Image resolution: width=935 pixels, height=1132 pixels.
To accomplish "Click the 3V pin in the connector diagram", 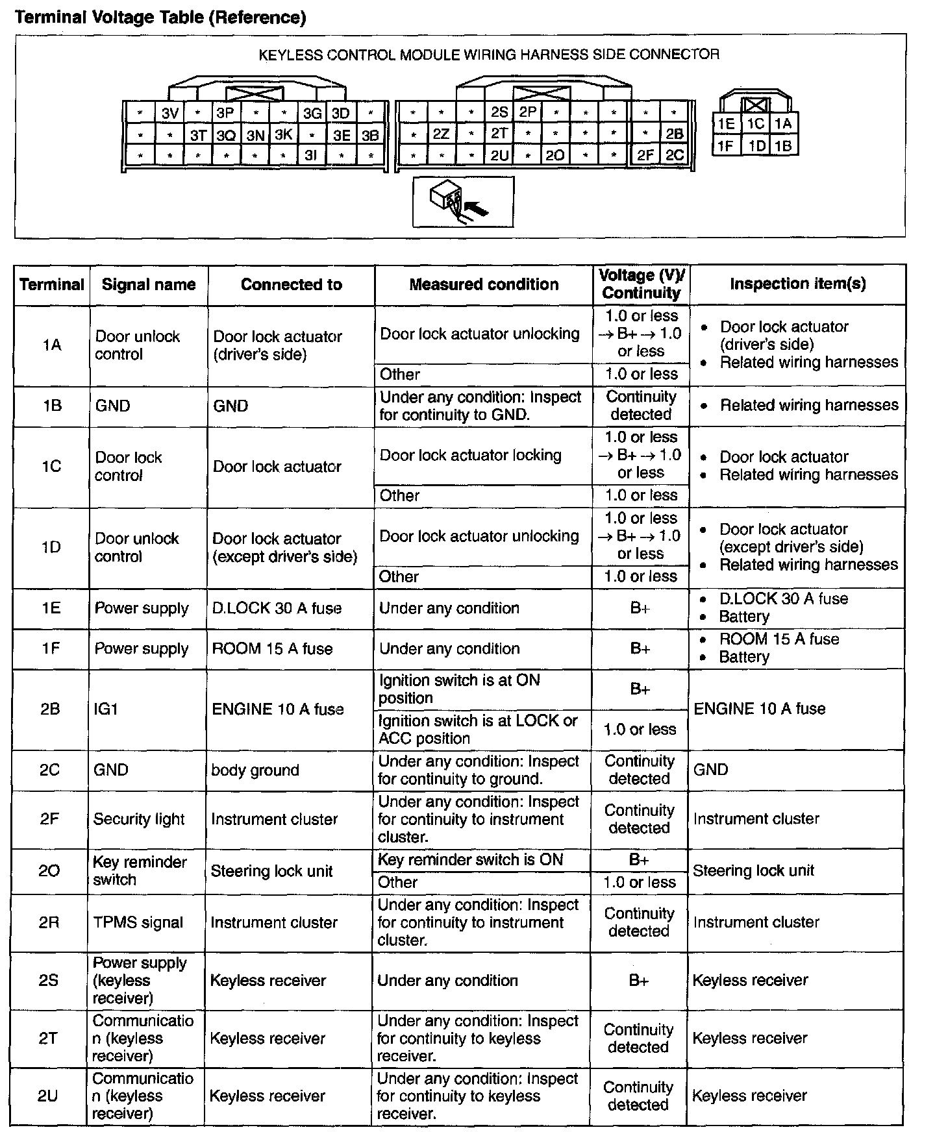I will coord(170,114).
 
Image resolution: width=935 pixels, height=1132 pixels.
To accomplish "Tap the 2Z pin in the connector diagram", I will coord(441,134).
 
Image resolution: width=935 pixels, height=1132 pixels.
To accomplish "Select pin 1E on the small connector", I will coord(725,124).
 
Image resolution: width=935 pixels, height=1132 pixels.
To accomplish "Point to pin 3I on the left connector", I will coord(311,156).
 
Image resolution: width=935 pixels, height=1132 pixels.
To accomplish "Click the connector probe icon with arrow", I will coord(463,202).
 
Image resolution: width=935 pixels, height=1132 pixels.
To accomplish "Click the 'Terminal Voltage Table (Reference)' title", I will coord(160,18).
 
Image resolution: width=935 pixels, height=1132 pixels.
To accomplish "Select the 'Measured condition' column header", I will coord(484,284).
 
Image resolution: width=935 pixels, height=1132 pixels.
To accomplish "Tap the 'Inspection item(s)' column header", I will coord(797,284).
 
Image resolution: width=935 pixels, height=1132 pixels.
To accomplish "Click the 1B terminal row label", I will coord(52,406).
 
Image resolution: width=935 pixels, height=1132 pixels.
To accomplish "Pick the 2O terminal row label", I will coord(49,871).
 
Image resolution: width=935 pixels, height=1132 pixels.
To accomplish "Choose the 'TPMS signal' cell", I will coord(138,922).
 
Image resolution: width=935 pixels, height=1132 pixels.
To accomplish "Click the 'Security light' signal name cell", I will coord(139,819).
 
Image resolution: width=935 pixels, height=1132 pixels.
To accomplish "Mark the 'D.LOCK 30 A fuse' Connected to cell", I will coord(277,609).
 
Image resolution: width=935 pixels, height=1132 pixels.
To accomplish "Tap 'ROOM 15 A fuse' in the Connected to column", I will coord(272,649).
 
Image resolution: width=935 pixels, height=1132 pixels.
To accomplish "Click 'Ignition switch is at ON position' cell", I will coord(460,689).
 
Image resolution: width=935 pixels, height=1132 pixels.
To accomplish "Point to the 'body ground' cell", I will coord(255,770).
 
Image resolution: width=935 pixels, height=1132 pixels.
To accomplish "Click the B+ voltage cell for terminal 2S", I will coord(639,980).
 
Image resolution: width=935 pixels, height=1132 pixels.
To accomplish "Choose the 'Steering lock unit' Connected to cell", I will coord(271,871).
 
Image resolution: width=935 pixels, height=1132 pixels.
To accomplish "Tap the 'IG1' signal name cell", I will coord(106,709).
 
